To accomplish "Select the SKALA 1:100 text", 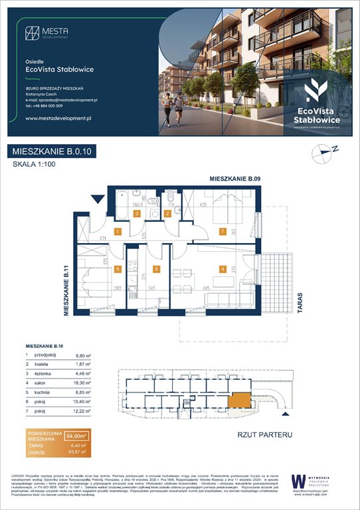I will click(35, 165).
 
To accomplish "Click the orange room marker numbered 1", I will click(117, 232).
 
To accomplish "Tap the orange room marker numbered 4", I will click(223, 269).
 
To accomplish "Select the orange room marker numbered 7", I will click(223, 232).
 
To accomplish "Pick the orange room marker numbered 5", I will click(156, 269).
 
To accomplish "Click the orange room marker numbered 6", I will click(117, 269).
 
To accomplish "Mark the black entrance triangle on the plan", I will click(99, 197).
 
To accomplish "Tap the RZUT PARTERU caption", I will click(264, 434).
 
